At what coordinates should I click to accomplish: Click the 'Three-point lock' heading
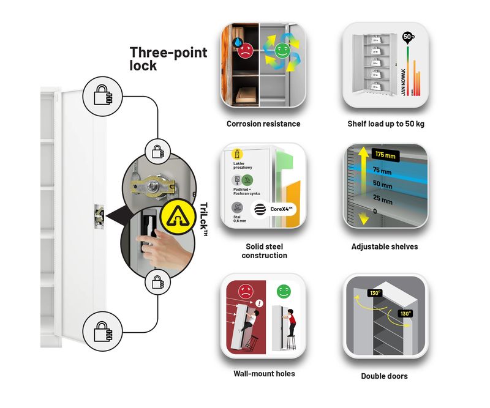(x=168, y=59)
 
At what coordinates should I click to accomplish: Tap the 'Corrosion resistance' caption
(x=263, y=124)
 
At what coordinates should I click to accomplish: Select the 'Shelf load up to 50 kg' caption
(x=385, y=124)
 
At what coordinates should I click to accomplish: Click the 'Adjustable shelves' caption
(x=385, y=247)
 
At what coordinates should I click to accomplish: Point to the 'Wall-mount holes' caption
(x=264, y=373)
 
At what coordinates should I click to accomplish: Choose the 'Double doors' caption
(x=385, y=376)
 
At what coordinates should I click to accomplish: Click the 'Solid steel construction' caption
(x=264, y=251)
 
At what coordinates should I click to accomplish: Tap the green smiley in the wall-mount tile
(x=282, y=291)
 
